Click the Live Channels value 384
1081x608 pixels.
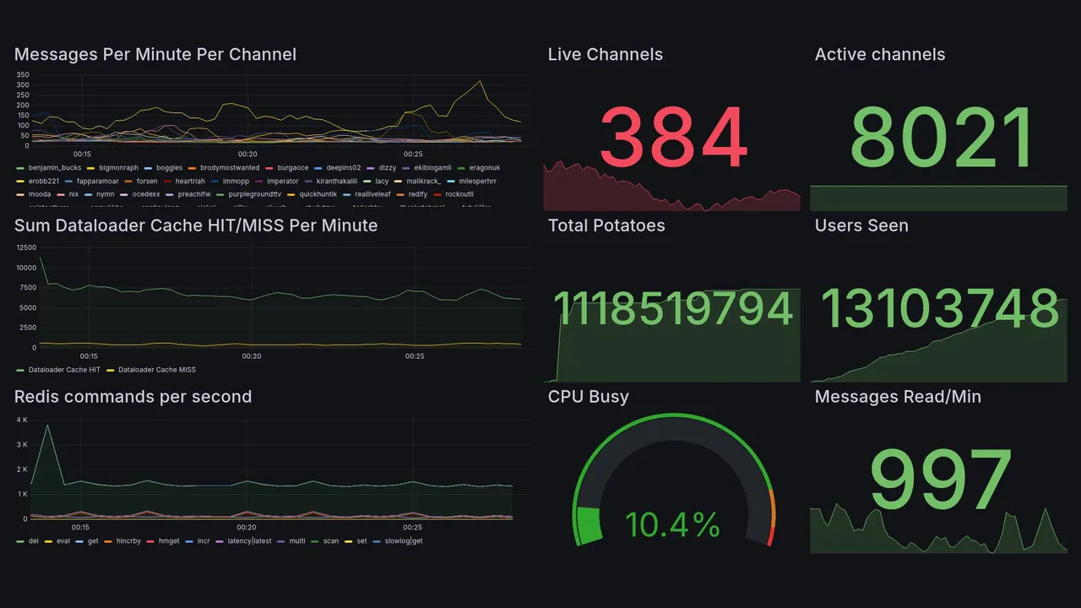pyautogui.click(x=673, y=137)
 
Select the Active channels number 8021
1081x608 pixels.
pyautogui.click(x=942, y=138)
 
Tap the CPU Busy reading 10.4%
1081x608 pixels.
pyautogui.click(x=672, y=525)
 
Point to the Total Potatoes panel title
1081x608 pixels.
pyautogui.click(x=606, y=225)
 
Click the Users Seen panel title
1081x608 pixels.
pyautogui.click(x=861, y=225)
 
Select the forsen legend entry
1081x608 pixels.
pyautogui.click(x=146, y=181)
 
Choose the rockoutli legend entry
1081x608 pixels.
pyautogui.click(x=459, y=194)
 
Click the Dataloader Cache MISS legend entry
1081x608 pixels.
pyautogui.click(x=156, y=370)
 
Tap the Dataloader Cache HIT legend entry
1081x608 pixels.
pyautogui.click(x=63, y=370)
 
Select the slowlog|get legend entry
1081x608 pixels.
pyautogui.click(x=403, y=540)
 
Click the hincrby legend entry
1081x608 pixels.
pyautogui.click(x=128, y=540)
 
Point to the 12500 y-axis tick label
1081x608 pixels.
pyautogui.click(x=25, y=247)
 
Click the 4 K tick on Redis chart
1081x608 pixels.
pyautogui.click(x=22, y=420)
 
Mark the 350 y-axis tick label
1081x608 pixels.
pyautogui.click(x=23, y=75)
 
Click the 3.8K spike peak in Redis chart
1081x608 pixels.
pyautogui.click(x=48, y=426)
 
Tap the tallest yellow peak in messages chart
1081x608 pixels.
pyautogui.click(x=480, y=81)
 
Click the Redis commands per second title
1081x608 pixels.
pyautogui.click(x=133, y=397)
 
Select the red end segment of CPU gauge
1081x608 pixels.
pyautogui.click(x=769, y=535)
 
